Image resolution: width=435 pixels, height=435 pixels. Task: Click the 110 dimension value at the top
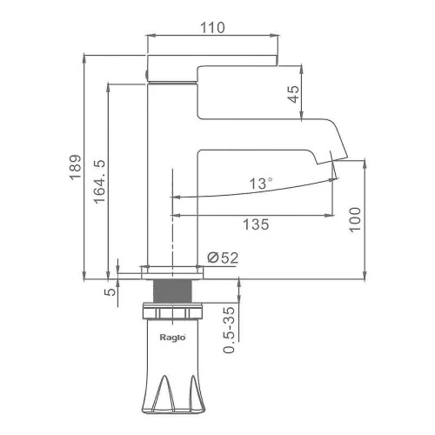[x=212, y=28]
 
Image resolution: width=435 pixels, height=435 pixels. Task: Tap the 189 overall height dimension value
[x=76, y=167]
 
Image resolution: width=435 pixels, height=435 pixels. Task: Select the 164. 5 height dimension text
[x=99, y=182]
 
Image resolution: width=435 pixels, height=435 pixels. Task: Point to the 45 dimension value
[x=293, y=94]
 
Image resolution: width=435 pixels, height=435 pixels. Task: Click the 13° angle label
[x=261, y=184]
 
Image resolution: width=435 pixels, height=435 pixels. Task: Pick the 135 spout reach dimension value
[x=256, y=224]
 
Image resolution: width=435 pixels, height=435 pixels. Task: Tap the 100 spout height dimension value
[x=355, y=219]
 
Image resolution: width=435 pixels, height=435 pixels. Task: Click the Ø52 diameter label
[x=223, y=258]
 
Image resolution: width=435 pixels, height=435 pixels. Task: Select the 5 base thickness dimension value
[x=110, y=291]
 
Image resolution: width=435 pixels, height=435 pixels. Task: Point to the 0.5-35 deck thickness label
[x=229, y=330]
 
